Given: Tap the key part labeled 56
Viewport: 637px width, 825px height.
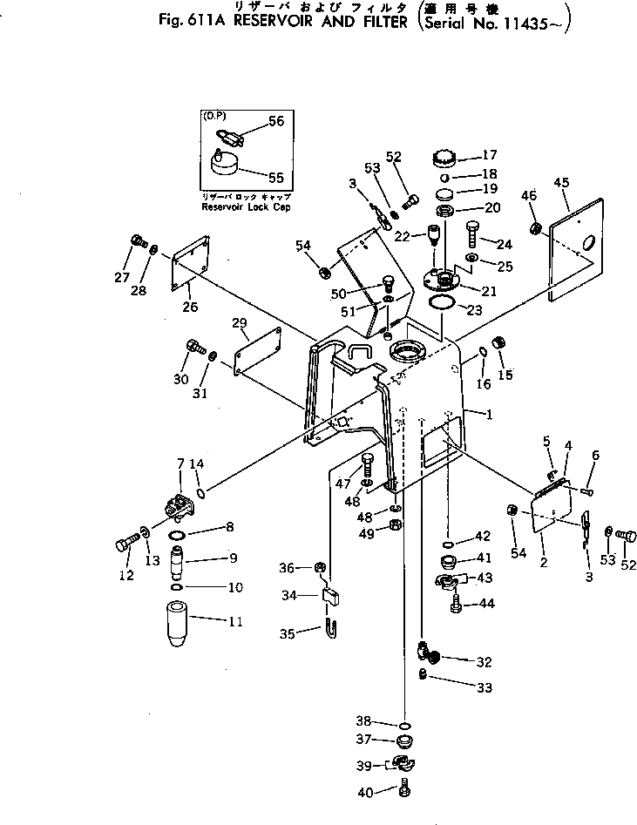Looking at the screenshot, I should tap(228, 135).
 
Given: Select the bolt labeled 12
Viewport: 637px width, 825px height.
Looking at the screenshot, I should tap(122, 546).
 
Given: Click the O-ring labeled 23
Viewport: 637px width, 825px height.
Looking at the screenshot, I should tap(443, 303).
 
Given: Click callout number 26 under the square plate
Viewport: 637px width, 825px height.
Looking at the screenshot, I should tap(190, 306).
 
